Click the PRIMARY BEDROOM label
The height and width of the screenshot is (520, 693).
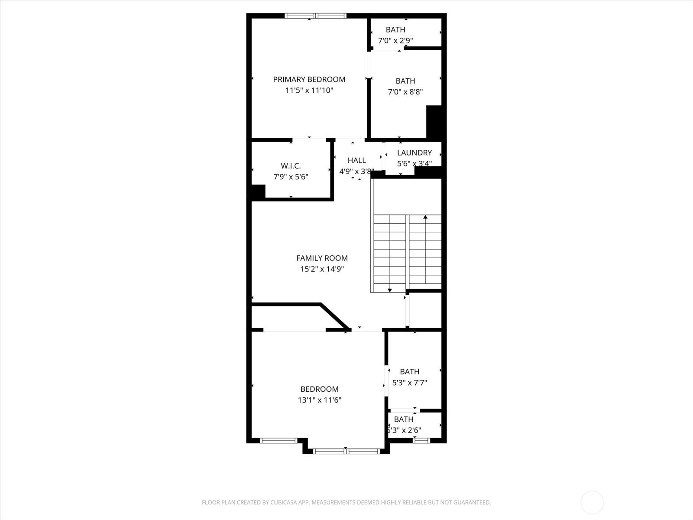click(x=309, y=79)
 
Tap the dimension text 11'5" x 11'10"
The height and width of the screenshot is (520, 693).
click(x=309, y=91)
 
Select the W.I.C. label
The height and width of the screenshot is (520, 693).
click(x=290, y=166)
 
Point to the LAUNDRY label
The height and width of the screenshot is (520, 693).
click(x=414, y=153)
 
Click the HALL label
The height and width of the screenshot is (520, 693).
click(x=356, y=160)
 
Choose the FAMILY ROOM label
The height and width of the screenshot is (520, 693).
click(x=322, y=258)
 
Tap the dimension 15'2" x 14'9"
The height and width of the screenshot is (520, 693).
click(x=322, y=269)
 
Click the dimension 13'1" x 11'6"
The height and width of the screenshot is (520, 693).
click(x=319, y=400)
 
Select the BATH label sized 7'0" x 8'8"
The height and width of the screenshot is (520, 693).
click(x=405, y=81)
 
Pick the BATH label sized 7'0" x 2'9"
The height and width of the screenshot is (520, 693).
click(x=395, y=29)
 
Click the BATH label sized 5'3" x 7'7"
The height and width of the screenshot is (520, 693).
click(x=409, y=371)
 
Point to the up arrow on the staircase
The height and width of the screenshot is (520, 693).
click(x=425, y=217)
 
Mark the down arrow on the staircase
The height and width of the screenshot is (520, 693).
click(x=390, y=289)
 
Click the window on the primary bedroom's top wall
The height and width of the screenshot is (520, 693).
click(x=315, y=16)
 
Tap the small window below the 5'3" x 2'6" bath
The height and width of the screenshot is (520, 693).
click(x=421, y=440)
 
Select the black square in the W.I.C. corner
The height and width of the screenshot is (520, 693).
click(x=258, y=192)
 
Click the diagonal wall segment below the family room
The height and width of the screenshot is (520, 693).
click(x=334, y=316)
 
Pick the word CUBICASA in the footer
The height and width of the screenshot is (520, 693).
click(x=283, y=503)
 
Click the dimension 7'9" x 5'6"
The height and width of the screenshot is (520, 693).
click(x=290, y=177)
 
